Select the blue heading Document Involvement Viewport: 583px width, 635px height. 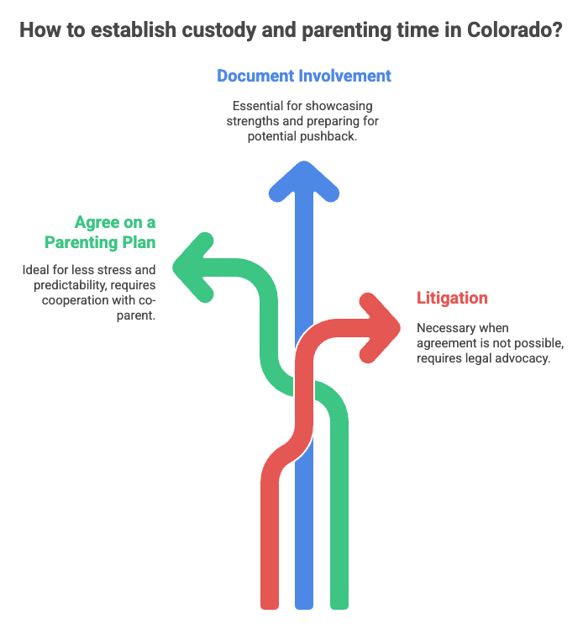tap(304, 76)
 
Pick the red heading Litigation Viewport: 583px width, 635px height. tap(452, 298)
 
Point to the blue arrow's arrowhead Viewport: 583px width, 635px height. tap(303, 178)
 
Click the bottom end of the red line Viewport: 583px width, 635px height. tap(270, 601)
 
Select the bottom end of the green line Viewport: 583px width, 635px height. tap(339, 601)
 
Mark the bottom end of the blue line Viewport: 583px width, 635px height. tap(303, 601)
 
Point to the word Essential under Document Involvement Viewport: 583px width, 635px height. tap(258, 106)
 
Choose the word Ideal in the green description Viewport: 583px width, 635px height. tap(36, 270)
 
